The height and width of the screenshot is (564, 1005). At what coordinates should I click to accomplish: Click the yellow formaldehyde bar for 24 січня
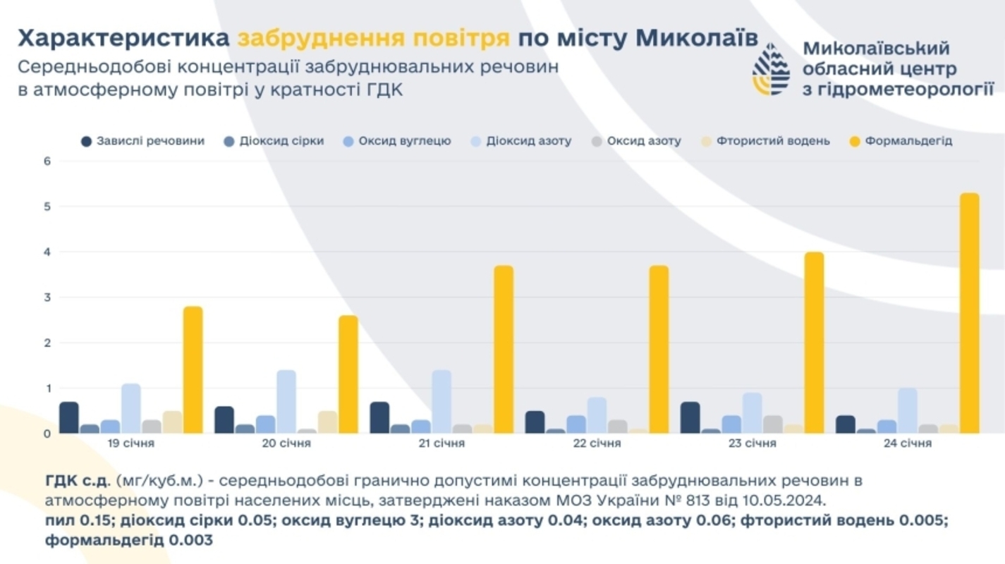click(x=970, y=314)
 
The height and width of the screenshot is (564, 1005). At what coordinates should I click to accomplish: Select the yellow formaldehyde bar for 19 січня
click(x=193, y=370)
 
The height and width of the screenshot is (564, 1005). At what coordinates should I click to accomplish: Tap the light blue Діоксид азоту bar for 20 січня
click(x=286, y=402)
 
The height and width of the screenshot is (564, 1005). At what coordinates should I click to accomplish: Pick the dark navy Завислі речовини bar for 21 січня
click(x=379, y=417)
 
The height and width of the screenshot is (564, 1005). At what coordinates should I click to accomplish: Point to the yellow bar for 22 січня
click(x=659, y=350)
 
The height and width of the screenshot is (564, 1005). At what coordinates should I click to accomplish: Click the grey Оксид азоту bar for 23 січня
click(x=773, y=424)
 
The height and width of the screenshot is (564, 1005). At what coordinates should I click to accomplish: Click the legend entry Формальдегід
click(x=908, y=141)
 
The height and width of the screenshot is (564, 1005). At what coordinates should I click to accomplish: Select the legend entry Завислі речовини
click(x=150, y=141)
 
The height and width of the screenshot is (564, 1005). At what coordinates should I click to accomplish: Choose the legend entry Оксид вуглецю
click(x=404, y=141)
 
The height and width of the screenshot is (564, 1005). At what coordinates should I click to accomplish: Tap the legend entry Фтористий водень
click(x=773, y=141)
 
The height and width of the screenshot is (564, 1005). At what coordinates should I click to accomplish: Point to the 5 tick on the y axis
click(x=48, y=207)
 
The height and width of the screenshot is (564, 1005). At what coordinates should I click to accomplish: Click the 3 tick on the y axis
click(x=48, y=298)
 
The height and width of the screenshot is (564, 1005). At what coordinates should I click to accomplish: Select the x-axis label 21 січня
click(x=441, y=443)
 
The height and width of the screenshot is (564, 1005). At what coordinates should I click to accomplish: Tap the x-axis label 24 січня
click(x=908, y=443)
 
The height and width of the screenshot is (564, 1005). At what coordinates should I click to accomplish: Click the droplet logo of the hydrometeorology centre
click(x=771, y=68)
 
